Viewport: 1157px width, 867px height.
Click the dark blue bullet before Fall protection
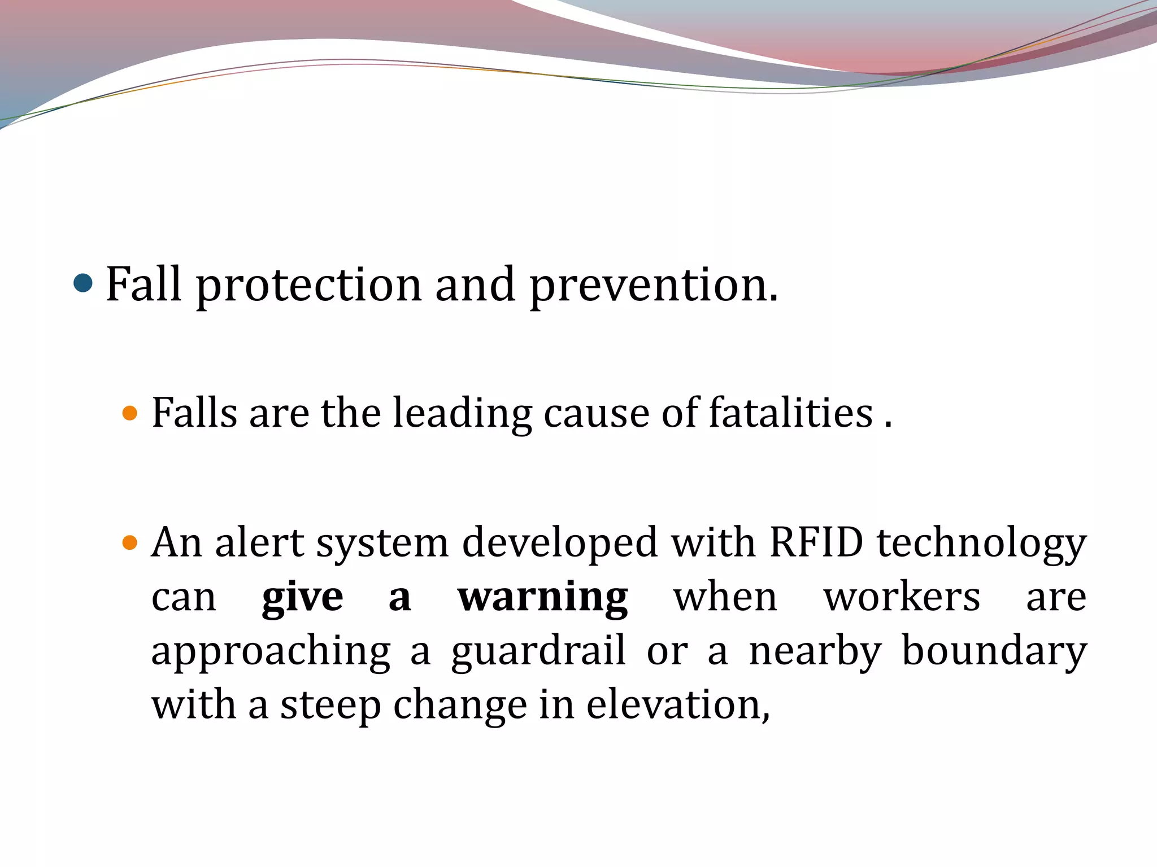coord(83,283)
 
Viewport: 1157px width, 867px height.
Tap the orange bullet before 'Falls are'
coord(130,413)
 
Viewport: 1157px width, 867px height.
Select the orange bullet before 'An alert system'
coord(130,543)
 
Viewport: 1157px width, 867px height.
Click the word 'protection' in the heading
coord(308,285)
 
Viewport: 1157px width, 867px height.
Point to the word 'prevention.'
coord(654,285)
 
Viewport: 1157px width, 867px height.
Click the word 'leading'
coord(462,413)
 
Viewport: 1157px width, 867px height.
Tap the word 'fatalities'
coord(791,413)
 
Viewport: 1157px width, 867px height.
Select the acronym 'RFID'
coord(816,543)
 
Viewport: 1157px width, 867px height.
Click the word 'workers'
coord(902,597)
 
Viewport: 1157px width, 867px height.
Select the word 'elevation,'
coord(678,704)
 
